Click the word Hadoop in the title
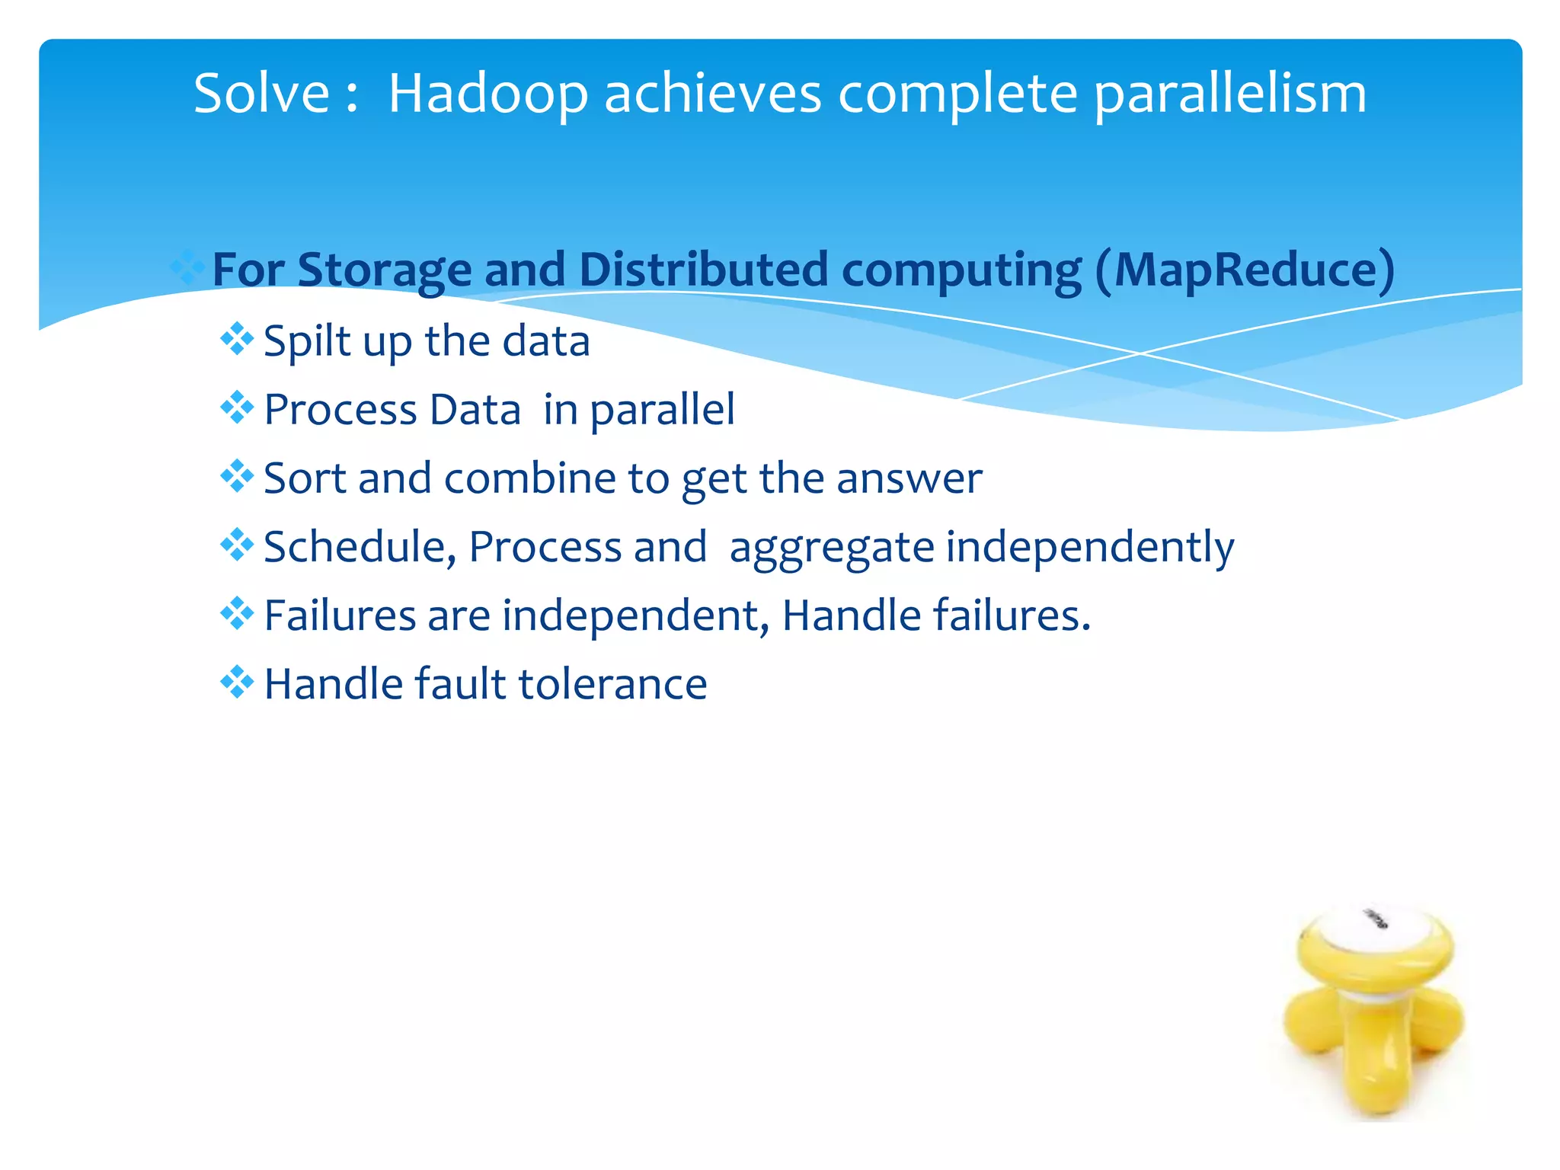[x=488, y=94]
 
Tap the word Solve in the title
[x=261, y=94]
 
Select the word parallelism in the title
[x=1230, y=95]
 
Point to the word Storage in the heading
[x=384, y=270]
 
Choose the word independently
[x=1089, y=547]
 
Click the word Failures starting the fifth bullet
[x=339, y=615]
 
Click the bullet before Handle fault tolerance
[x=237, y=682]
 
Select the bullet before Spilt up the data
[x=237, y=339]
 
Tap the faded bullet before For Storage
[x=187, y=268]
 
